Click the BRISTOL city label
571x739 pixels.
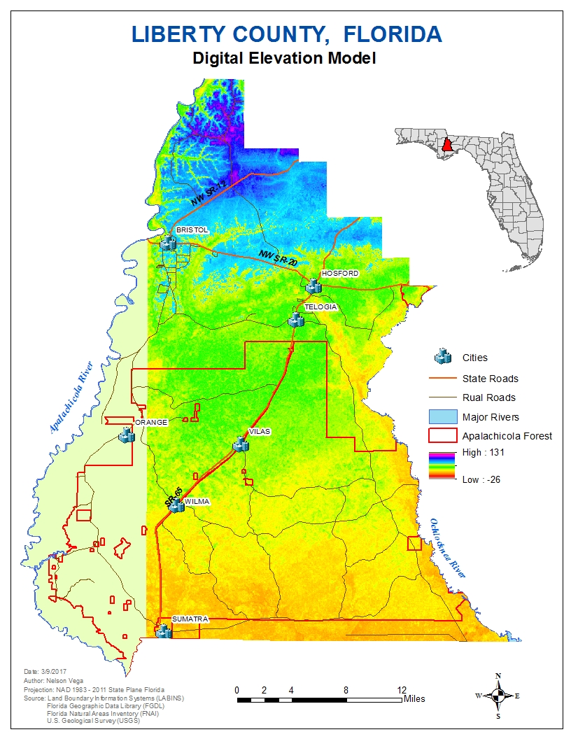[x=188, y=230]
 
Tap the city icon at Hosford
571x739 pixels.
[x=313, y=286]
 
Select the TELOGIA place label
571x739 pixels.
[x=320, y=307]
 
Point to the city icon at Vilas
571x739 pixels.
[x=241, y=444]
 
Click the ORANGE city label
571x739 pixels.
[x=151, y=422]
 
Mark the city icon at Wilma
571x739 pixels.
[x=176, y=506]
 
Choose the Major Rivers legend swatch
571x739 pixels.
[x=442, y=417]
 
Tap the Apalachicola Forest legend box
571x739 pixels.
[x=442, y=436]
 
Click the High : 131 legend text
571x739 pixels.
[x=483, y=453]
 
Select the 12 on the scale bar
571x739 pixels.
[x=402, y=689]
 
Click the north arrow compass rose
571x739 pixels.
[x=498, y=696]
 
